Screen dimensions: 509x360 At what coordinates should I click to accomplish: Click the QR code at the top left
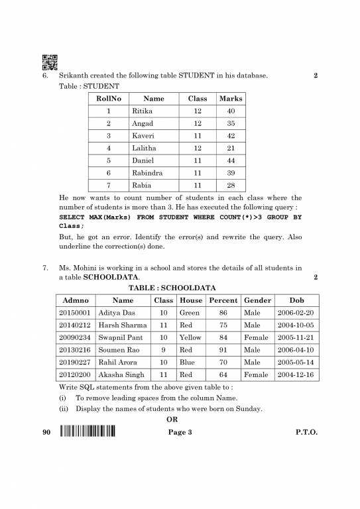pyautogui.click(x=50, y=62)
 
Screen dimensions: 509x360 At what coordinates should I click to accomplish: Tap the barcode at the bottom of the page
pyautogui.click(x=87, y=433)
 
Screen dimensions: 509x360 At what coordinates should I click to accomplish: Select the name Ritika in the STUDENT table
pyautogui.click(x=143, y=111)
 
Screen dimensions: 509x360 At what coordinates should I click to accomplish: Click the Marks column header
pyautogui.click(x=230, y=99)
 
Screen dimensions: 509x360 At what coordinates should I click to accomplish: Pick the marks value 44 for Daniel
pyautogui.click(x=230, y=160)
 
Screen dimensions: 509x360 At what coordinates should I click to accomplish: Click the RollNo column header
pyautogui.click(x=109, y=99)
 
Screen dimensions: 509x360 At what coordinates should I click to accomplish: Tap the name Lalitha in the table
pyautogui.click(x=145, y=148)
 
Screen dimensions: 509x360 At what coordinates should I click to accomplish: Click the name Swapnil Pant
pyautogui.click(x=120, y=337)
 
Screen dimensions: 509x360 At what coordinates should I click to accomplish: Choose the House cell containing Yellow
pyautogui.click(x=190, y=337)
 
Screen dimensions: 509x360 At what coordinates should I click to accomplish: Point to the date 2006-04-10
pyautogui.click(x=296, y=350)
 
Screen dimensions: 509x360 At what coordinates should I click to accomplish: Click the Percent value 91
pyautogui.click(x=223, y=350)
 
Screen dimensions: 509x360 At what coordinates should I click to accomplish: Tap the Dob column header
pyautogui.click(x=296, y=300)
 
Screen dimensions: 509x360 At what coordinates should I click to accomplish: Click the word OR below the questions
pyautogui.click(x=172, y=419)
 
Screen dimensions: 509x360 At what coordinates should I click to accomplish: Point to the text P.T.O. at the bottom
pyautogui.click(x=306, y=433)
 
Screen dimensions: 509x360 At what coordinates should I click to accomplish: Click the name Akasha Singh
pyautogui.click(x=121, y=375)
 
